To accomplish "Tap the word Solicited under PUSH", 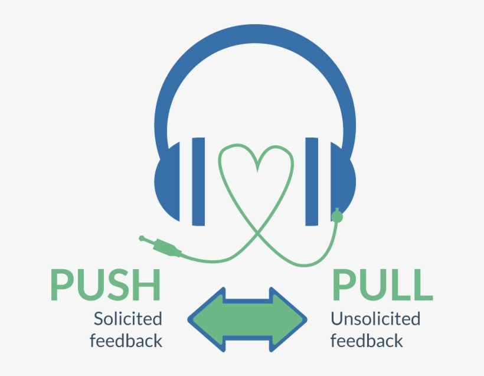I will click(x=127, y=319).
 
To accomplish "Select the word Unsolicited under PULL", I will click(x=375, y=319).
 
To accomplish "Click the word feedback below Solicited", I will click(x=126, y=341).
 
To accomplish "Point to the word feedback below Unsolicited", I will click(x=367, y=341).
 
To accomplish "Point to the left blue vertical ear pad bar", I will click(x=198, y=181).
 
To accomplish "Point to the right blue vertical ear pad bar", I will click(x=312, y=181).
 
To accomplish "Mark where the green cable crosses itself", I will click(x=256, y=234).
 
